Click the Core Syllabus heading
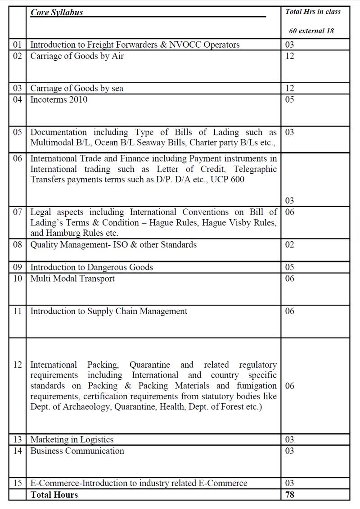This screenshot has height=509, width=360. click(x=57, y=13)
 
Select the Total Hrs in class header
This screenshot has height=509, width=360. click(x=313, y=12)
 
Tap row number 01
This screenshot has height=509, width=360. click(x=18, y=45)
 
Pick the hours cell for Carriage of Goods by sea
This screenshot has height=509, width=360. click(x=289, y=88)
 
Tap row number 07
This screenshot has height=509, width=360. click(x=18, y=212)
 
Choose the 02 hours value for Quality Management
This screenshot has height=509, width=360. click(x=289, y=245)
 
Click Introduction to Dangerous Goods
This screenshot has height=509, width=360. click(x=91, y=267)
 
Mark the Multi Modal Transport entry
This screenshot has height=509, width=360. click(x=72, y=279)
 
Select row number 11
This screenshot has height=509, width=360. click(x=18, y=311)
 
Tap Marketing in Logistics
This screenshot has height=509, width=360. click(x=72, y=440)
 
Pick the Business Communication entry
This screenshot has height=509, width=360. click(x=77, y=451)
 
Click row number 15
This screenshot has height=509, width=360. click(x=18, y=483)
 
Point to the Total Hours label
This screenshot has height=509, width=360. click(x=54, y=495)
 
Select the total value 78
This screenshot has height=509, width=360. click(x=290, y=495)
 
